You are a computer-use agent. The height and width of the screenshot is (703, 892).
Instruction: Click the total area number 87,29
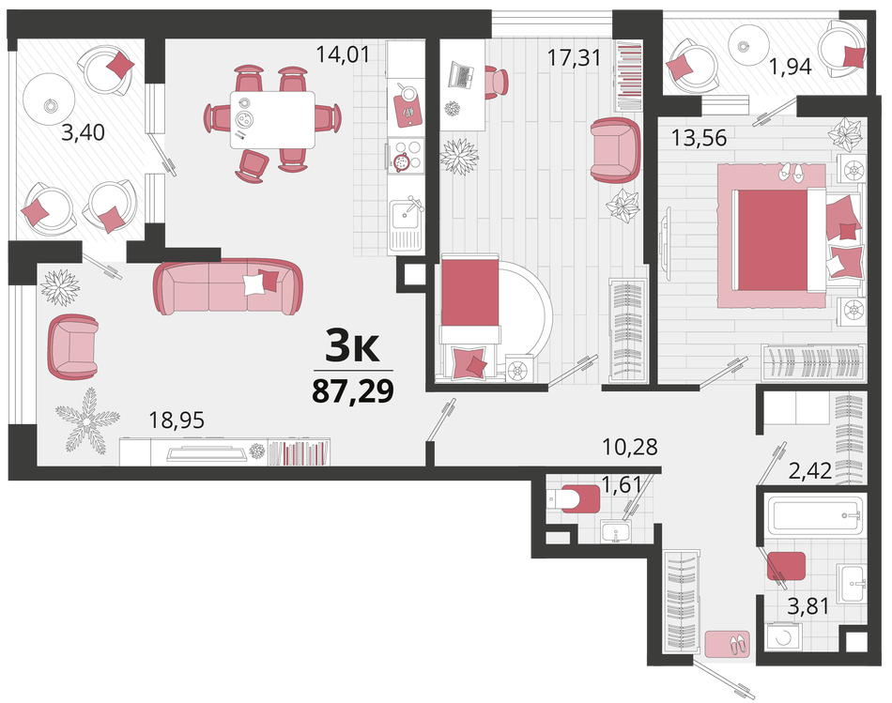[353, 390]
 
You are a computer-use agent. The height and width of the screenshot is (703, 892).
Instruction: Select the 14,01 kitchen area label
[343, 54]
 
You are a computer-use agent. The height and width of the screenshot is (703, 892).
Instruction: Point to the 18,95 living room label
[177, 420]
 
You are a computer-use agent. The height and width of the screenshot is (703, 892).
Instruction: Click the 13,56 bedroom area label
[700, 138]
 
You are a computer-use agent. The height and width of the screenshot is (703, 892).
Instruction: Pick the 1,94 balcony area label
[791, 68]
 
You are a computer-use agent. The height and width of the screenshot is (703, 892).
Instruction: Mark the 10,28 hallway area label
[630, 447]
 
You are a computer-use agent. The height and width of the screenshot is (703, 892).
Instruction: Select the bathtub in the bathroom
[814, 515]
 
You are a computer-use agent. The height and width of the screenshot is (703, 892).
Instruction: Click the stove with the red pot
[406, 155]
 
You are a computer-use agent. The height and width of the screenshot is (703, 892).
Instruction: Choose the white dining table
[272, 120]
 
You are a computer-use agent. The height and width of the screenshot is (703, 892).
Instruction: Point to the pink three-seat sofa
[227, 286]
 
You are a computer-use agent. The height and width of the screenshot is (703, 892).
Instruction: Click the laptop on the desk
[461, 74]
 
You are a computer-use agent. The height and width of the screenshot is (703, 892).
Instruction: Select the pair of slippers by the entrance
[739, 643]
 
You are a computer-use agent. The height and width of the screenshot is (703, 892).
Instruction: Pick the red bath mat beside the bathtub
[786, 566]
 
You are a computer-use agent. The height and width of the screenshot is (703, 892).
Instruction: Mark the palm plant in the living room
[87, 420]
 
